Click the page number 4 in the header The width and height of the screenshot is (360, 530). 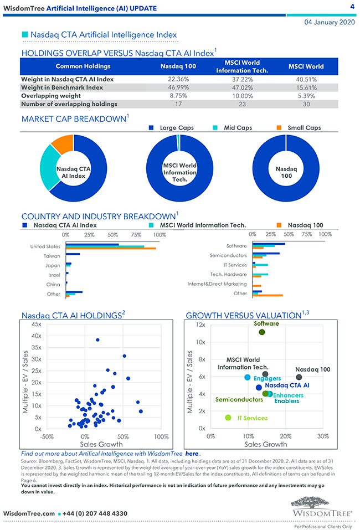click(352, 7)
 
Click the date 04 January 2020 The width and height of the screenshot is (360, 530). click(330, 22)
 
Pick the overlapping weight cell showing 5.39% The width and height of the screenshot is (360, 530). click(306, 96)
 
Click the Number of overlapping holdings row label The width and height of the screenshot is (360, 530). click(69, 104)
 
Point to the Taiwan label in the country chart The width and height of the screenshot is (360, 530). click(52, 256)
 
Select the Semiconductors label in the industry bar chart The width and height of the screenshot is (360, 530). click(228, 256)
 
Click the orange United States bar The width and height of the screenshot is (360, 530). click(110, 248)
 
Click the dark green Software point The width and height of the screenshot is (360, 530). click(261, 332)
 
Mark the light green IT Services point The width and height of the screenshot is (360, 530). click(228, 418)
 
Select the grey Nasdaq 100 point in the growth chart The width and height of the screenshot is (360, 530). click(299, 377)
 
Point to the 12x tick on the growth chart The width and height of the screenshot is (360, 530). click(200, 325)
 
